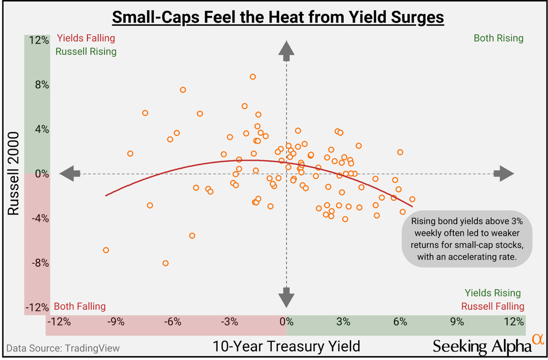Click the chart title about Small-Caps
[278, 18]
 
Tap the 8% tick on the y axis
[42, 85]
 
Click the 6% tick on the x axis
[400, 321]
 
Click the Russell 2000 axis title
[14, 173]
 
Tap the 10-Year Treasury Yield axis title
[286, 345]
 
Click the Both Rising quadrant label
[498, 38]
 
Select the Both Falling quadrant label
[80, 306]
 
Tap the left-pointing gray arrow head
[69, 173]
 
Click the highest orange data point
[253, 77]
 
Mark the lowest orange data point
[165, 263]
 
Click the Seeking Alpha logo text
[482, 346]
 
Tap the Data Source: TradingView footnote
[63, 348]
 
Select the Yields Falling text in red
[86, 38]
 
